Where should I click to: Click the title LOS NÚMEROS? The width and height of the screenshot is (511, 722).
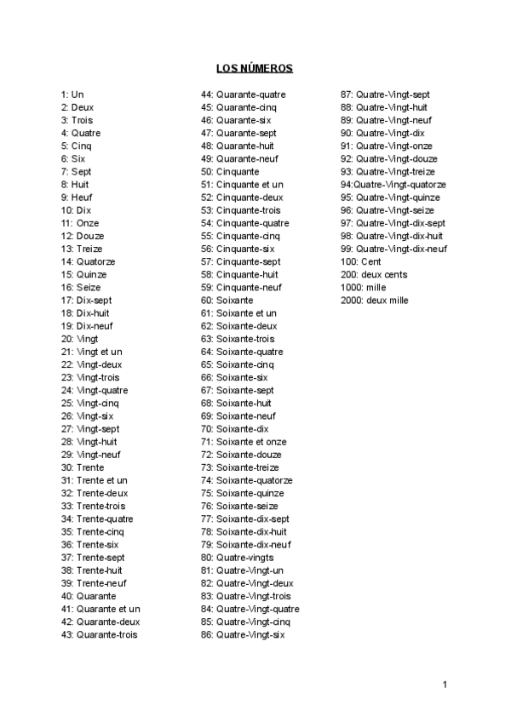click(x=255, y=68)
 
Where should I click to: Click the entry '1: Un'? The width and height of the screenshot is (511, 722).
click(x=72, y=95)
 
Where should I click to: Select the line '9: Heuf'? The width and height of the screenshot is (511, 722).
click(x=77, y=198)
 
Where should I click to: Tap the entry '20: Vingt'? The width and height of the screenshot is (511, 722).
click(x=79, y=339)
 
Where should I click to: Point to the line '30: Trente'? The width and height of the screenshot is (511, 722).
click(x=83, y=467)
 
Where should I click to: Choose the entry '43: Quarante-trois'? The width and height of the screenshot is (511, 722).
click(x=99, y=634)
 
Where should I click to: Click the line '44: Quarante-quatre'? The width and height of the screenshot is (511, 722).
click(x=243, y=95)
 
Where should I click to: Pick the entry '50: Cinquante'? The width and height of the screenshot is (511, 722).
click(x=230, y=171)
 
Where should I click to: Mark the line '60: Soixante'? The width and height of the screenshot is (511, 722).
click(x=227, y=301)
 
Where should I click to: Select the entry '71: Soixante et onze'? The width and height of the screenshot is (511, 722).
click(x=244, y=442)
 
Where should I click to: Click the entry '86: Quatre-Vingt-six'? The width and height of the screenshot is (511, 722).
click(x=243, y=634)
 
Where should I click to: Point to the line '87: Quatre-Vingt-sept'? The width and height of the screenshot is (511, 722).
click(x=385, y=95)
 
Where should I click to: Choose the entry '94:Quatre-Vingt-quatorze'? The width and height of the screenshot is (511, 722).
click(x=393, y=185)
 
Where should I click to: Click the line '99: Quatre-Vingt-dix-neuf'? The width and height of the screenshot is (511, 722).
click(x=393, y=249)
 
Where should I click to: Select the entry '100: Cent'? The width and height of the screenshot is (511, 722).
click(x=360, y=261)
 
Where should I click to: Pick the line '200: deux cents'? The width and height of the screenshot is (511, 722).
click(x=373, y=274)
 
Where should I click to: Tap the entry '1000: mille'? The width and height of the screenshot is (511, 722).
click(x=363, y=288)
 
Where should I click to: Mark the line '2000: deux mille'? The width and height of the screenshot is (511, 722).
click(x=374, y=301)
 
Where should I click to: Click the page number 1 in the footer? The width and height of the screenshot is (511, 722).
click(x=445, y=684)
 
